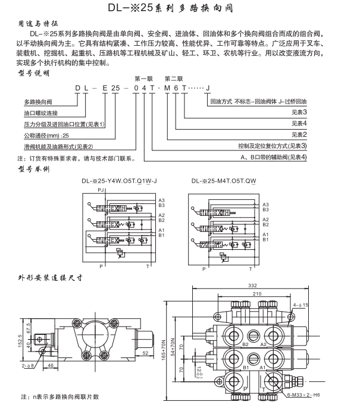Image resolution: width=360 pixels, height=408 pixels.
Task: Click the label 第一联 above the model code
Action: click(145, 79)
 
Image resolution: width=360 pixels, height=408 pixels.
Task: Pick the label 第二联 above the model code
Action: click(174, 79)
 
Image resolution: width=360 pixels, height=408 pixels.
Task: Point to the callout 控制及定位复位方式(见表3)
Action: click(272, 146)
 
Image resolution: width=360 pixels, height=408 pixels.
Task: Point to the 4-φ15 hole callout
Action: click(302, 305)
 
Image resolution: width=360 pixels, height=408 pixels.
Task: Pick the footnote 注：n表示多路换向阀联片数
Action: click(60, 397)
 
